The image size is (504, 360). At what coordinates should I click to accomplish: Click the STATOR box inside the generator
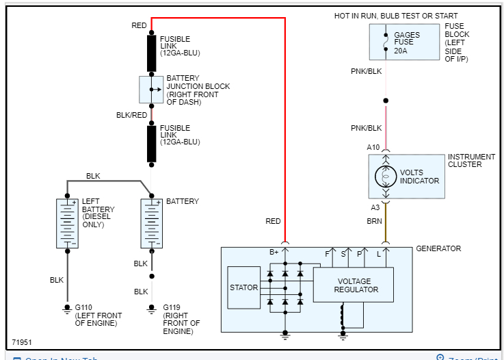pyautogui.click(x=244, y=287)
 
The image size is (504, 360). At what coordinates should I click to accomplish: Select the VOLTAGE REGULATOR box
pyautogui.click(x=354, y=285)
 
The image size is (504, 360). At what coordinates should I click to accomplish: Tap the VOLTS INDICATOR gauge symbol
pyautogui.click(x=385, y=177)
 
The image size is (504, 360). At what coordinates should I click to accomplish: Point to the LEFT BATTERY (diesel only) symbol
pyautogui.click(x=67, y=223)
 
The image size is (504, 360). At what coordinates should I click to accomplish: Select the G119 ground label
pyautogui.click(x=172, y=307)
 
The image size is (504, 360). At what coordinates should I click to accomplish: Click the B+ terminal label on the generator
pyautogui.click(x=274, y=253)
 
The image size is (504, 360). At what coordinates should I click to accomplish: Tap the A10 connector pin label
pyautogui.click(x=373, y=147)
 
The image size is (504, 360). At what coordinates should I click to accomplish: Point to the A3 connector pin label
pyautogui.click(x=375, y=207)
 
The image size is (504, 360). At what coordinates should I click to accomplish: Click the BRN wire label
pyautogui.click(x=375, y=221)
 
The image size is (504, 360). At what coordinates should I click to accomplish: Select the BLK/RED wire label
pyautogui.click(x=132, y=115)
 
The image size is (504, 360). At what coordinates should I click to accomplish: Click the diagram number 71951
pyautogui.click(x=22, y=342)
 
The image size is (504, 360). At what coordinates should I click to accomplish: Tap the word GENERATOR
pyautogui.click(x=438, y=248)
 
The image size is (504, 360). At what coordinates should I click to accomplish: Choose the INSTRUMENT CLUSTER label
pyautogui.click(x=474, y=160)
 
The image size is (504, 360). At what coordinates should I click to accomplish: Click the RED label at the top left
pyautogui.click(x=139, y=25)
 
